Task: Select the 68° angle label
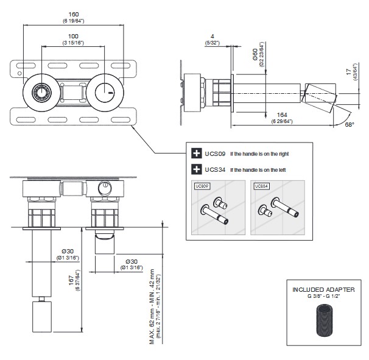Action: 349,124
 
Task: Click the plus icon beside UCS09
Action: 196,153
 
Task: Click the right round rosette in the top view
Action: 105,93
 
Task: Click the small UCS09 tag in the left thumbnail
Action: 201,187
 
